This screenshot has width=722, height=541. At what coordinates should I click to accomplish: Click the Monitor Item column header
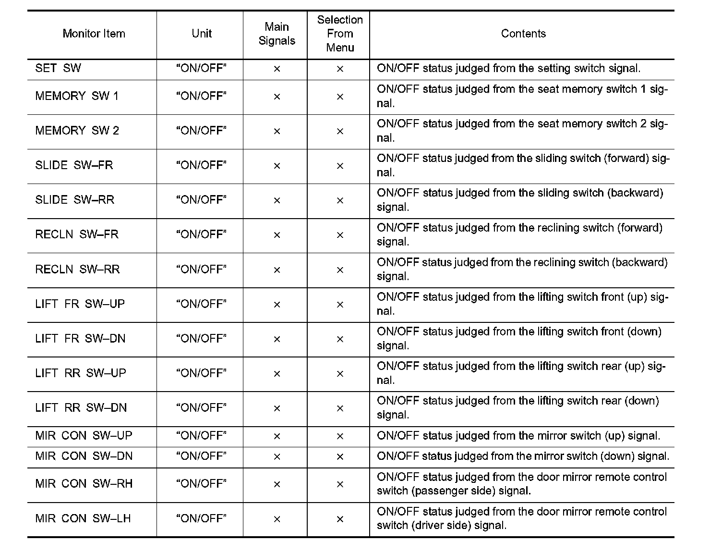(94, 34)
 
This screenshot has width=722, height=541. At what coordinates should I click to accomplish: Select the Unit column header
(202, 34)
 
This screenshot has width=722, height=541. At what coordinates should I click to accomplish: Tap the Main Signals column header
(277, 34)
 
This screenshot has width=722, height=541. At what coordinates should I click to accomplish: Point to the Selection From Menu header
(340, 34)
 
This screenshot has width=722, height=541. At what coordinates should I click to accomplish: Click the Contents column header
(523, 34)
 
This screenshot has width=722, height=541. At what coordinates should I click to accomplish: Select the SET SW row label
(58, 68)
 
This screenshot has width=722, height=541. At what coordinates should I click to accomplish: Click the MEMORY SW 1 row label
(77, 96)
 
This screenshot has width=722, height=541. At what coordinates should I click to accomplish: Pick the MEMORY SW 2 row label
(77, 131)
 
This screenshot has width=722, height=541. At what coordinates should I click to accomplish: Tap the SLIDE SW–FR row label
(74, 165)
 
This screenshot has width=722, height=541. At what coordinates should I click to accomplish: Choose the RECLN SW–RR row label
(77, 270)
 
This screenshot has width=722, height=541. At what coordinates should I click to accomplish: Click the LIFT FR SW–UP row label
(80, 304)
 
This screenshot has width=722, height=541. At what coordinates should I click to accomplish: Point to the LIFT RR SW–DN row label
(81, 408)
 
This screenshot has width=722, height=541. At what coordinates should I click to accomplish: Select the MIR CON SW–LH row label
(83, 519)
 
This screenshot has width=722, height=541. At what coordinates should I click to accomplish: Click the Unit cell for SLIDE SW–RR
(201, 200)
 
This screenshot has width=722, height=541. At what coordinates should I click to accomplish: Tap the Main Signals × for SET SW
(277, 69)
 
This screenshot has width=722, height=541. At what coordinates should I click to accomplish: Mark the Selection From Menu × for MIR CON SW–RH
(340, 485)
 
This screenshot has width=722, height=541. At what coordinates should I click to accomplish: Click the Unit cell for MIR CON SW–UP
(201, 436)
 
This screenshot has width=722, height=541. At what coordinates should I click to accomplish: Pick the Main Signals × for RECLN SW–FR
(277, 235)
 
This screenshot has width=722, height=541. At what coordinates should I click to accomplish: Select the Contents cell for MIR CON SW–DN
(523, 456)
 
